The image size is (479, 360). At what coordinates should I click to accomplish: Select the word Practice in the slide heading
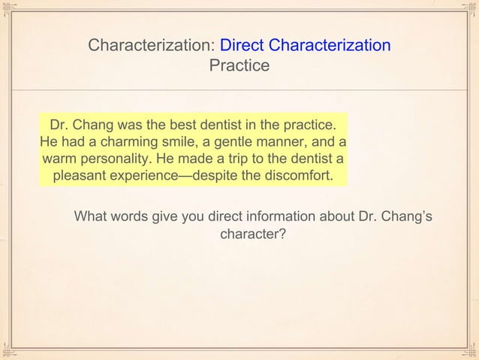point(239,66)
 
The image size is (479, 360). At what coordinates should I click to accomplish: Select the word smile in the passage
point(184,142)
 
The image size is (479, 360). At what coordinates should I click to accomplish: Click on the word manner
point(291,142)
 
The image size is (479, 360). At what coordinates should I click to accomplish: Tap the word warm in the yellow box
point(60,159)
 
